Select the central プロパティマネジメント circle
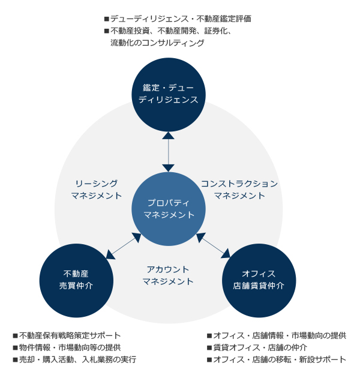(168, 209)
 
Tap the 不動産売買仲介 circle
(76, 280)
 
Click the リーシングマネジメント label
(96, 190)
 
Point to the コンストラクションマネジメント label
(239, 190)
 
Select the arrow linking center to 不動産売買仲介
(122, 247)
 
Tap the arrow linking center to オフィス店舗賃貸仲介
(213, 246)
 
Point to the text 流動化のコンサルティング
(157, 43)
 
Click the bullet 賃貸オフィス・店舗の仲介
(260, 347)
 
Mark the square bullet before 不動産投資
(107, 31)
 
